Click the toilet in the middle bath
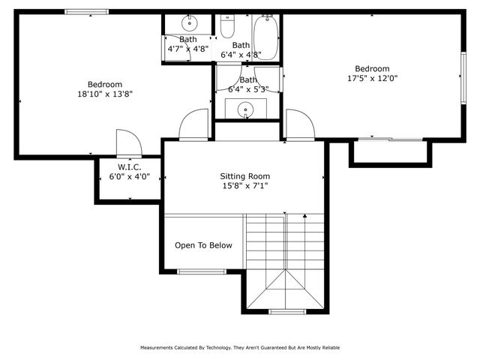pyautogui.click(x=227, y=26)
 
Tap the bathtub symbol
pyautogui.click(x=265, y=34)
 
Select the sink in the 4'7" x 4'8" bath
pyautogui.click(x=189, y=23)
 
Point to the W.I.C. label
pyautogui.click(x=129, y=166)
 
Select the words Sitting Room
pyautogui.click(x=244, y=176)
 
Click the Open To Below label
pyautogui.click(x=203, y=245)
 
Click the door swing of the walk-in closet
pyautogui.click(x=127, y=142)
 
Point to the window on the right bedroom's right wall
pyautogui.click(x=463, y=75)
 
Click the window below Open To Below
pyautogui.click(x=200, y=271)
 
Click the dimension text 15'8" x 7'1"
pyautogui.click(x=244, y=186)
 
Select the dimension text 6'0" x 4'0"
pyautogui.click(x=129, y=177)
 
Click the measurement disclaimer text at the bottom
pyautogui.click(x=240, y=347)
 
